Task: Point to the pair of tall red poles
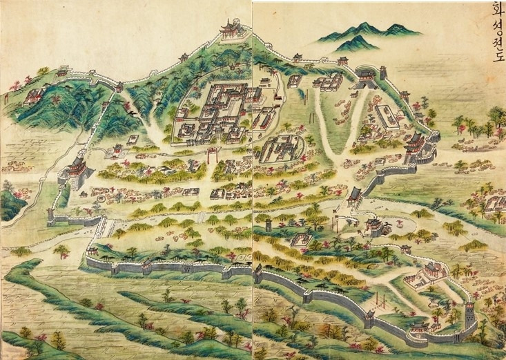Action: pos(379,301)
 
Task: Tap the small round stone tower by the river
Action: pos(268,225)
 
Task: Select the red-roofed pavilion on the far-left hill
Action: pos(33,96)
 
